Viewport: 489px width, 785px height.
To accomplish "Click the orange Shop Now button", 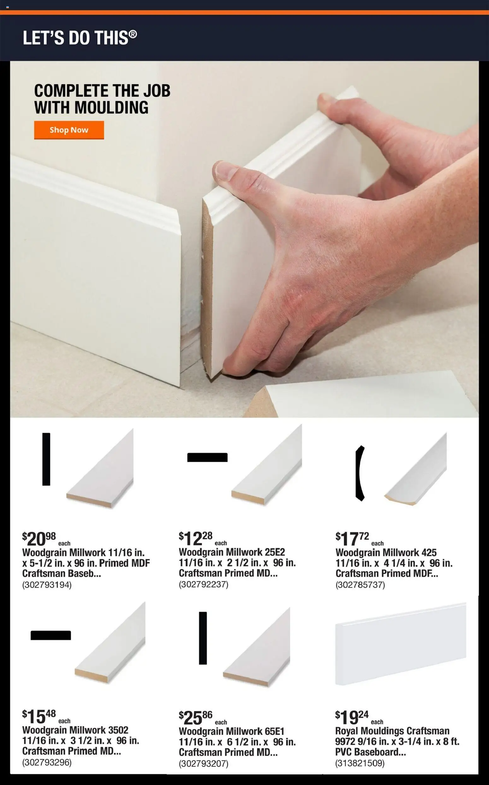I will tap(69, 130).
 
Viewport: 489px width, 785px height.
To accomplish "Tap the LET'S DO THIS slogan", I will tap(80, 38).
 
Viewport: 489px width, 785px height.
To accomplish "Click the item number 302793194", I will tap(47, 584).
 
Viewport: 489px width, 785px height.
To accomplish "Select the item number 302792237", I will tap(203, 584).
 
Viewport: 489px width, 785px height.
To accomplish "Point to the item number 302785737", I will tap(360, 584).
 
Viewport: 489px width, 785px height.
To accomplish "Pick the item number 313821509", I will tap(360, 763).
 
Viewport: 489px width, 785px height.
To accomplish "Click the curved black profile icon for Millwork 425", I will tap(360, 473).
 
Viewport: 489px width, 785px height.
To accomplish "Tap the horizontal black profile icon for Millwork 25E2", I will tap(207, 457).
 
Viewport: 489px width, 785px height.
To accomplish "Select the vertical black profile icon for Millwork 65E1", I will tap(203, 638).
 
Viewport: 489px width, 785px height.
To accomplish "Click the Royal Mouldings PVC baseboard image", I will tap(401, 644).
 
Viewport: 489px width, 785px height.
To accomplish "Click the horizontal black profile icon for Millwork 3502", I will tap(51, 635).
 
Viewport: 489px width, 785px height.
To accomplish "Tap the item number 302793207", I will tap(203, 763).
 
